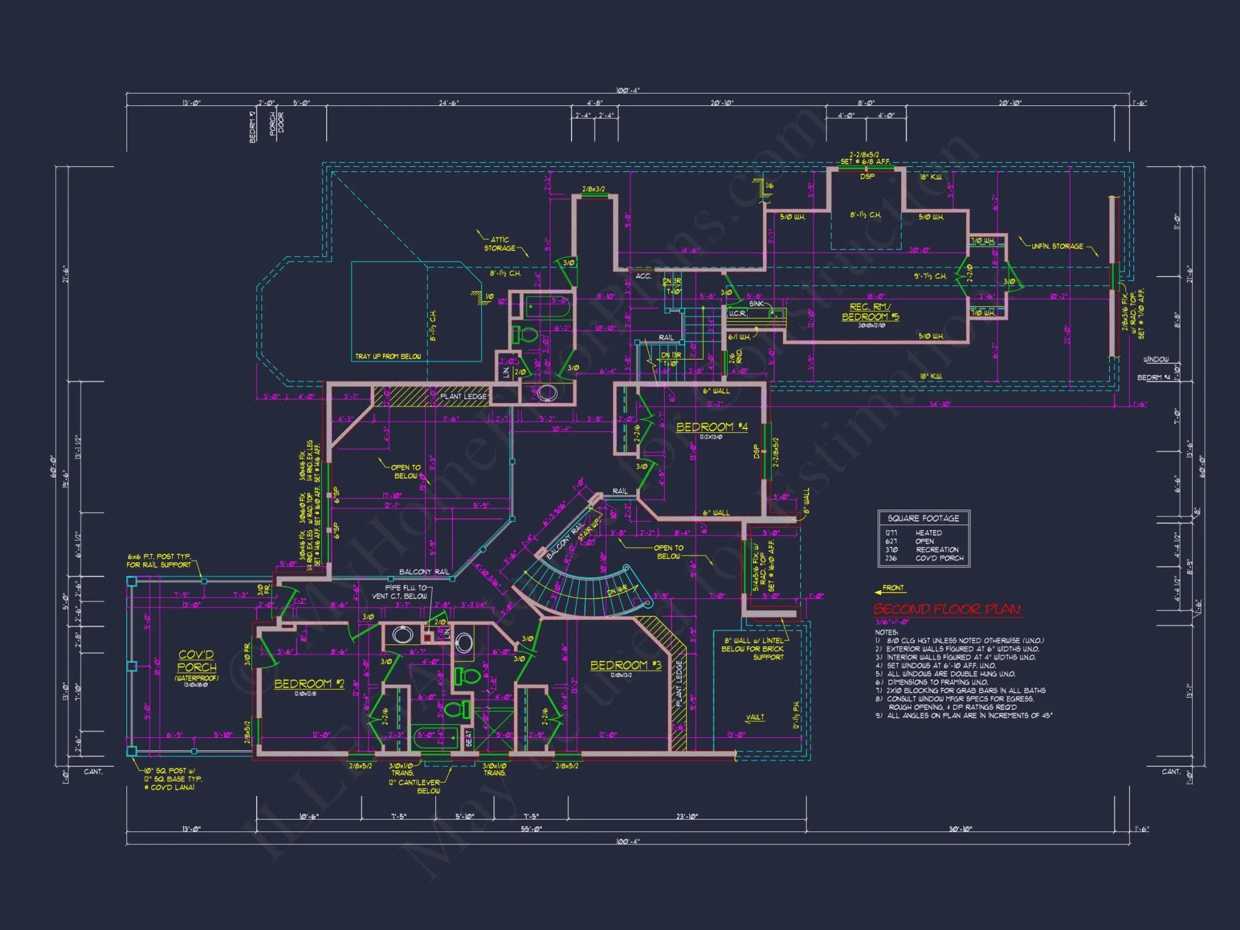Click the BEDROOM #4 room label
(x=711, y=427)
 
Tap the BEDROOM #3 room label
(x=626, y=665)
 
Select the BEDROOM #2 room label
(x=309, y=684)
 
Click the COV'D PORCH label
(x=197, y=661)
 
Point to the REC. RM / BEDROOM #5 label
(x=870, y=312)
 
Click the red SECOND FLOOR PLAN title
(x=947, y=609)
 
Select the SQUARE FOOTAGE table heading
(x=923, y=518)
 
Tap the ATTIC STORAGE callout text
(x=500, y=244)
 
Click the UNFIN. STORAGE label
(x=1057, y=246)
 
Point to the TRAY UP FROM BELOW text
(x=387, y=356)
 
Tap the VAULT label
(x=755, y=717)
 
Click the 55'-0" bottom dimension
(x=531, y=829)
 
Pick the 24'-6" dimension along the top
(x=449, y=103)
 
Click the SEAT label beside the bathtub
(x=469, y=738)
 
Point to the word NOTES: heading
(x=886, y=632)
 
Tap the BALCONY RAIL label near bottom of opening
(x=423, y=572)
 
